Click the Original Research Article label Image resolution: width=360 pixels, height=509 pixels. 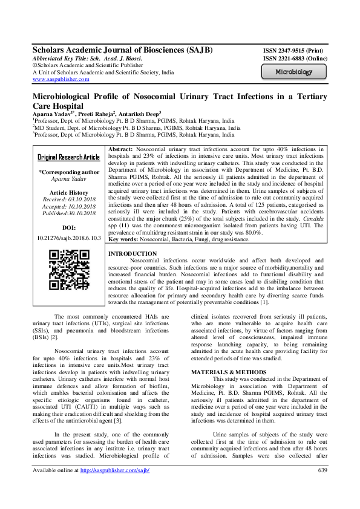tap(69, 157)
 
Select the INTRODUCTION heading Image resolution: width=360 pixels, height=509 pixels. tap(131, 254)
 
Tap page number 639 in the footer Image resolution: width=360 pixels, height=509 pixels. tap(322, 487)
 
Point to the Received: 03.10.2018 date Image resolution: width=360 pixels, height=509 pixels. tap(68, 199)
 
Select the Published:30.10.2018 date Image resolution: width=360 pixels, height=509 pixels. tap(68, 213)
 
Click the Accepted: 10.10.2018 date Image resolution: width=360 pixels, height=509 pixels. tap(68, 206)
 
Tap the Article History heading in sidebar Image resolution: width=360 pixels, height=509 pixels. tap(68, 192)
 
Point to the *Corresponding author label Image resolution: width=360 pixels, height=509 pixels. tap(68, 172)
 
